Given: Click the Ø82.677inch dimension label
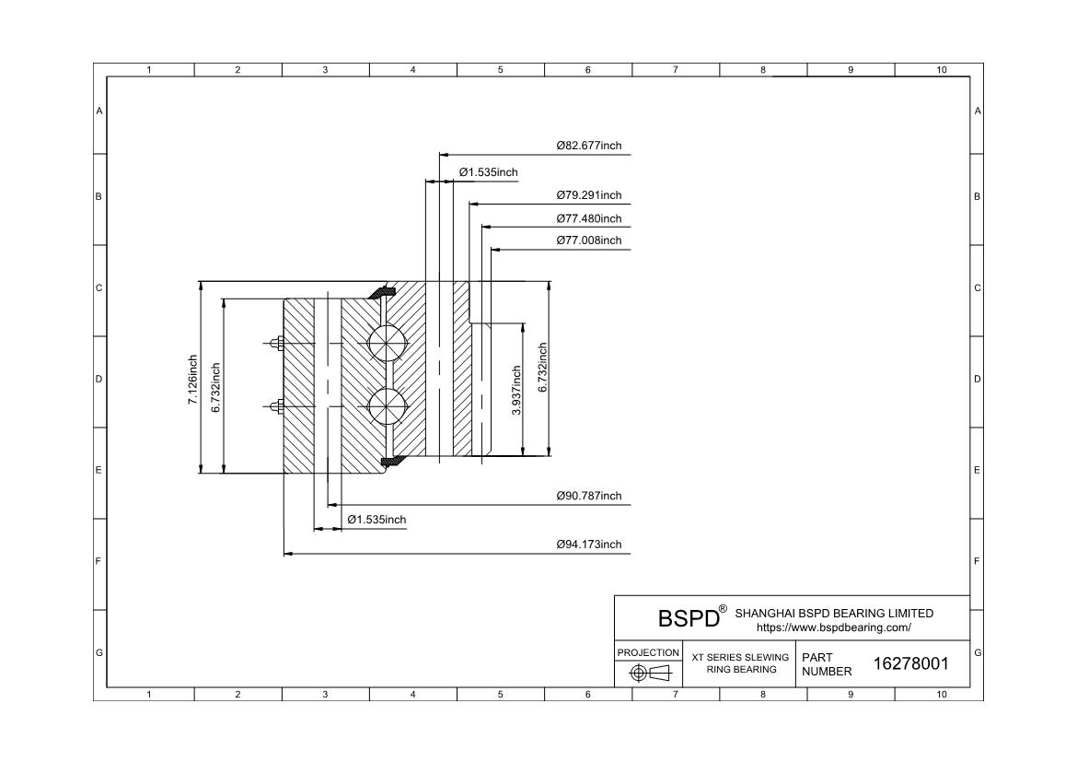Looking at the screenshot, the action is tap(588, 146).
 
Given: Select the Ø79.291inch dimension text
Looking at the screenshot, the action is tap(588, 195).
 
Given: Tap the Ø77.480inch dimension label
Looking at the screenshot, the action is tap(588, 218).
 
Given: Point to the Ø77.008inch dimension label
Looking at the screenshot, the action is tap(588, 240).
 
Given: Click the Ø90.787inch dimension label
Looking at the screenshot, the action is tap(588, 496).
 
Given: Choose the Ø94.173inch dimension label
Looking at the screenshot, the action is tap(588, 545).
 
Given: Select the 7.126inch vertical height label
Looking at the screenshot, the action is tap(193, 380).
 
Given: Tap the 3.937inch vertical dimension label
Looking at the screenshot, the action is tap(516, 390).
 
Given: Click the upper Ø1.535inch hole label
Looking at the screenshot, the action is tap(489, 172).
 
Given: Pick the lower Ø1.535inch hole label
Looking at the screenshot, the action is tap(376, 520).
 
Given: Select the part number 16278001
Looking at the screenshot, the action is tap(910, 663).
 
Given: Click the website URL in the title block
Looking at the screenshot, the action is tap(834, 627).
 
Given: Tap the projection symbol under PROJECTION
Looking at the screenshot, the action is tap(649, 673).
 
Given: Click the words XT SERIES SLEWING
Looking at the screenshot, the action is tap(740, 658).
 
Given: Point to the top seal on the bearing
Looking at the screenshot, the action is tap(381, 292).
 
